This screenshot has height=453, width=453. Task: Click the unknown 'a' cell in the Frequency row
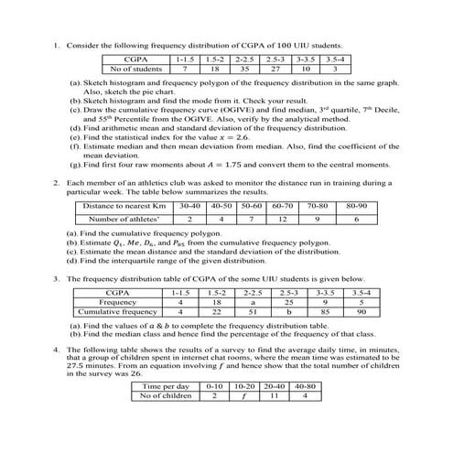coord(252,300)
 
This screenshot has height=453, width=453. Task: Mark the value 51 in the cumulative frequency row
coord(252,310)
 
